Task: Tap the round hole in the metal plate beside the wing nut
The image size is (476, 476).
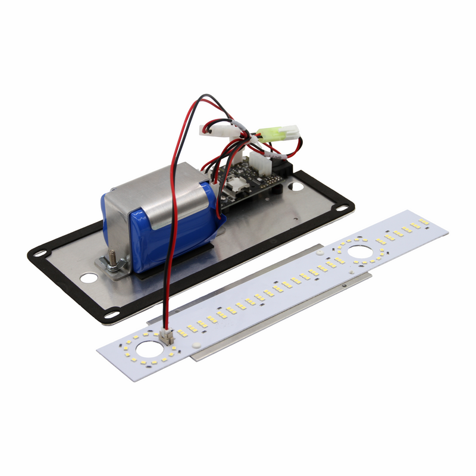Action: tap(88, 277)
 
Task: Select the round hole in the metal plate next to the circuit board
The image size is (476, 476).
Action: tap(296, 186)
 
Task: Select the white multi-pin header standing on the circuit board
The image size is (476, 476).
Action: tap(259, 161)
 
